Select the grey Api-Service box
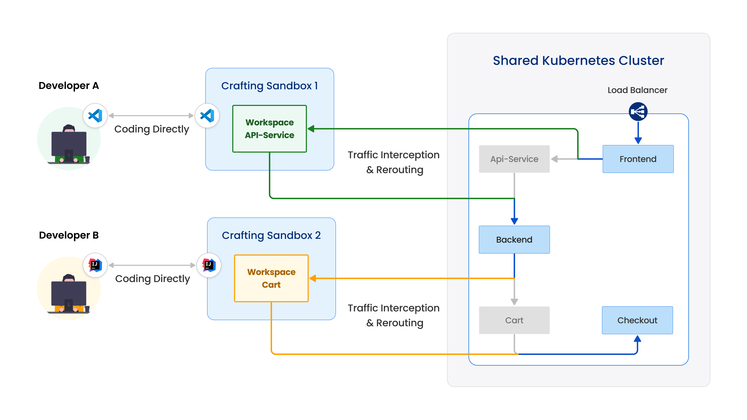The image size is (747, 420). pos(514,159)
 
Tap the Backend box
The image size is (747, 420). pos(514,239)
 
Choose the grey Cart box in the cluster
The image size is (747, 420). pos(514,320)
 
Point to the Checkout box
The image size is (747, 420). pos(637,320)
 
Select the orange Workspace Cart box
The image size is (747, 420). pos(271,278)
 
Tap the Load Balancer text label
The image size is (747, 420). pos(637,90)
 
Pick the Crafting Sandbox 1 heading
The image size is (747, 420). pos(269,86)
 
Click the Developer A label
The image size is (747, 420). pos(69,86)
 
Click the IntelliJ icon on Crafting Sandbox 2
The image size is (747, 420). pos(209,265)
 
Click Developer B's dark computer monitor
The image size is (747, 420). pos(69,293)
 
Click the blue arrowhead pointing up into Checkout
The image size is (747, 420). pos(637,338)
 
